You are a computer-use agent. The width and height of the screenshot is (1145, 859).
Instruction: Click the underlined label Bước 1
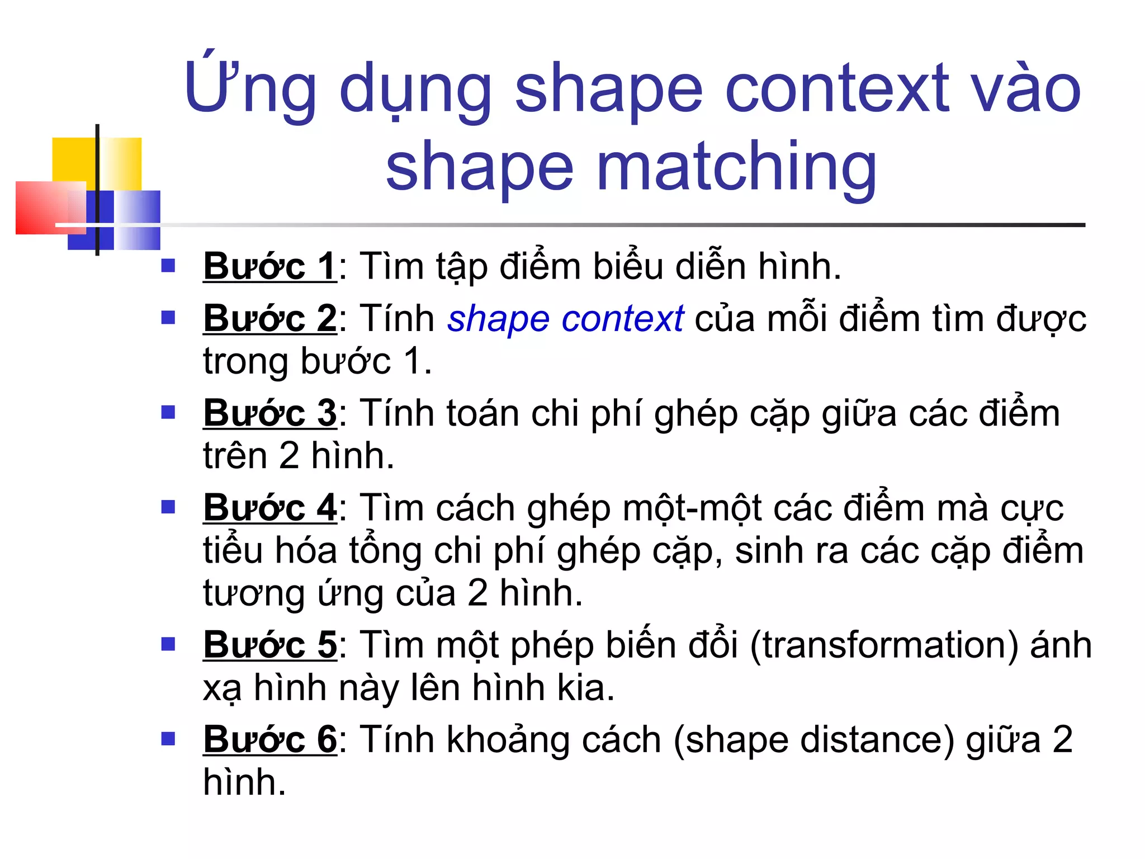(x=269, y=266)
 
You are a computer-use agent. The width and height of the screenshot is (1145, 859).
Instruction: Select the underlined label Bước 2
(x=269, y=319)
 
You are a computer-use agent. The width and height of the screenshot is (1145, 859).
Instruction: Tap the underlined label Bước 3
(x=269, y=414)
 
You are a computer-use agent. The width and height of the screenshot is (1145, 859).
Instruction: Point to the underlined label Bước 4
(x=269, y=508)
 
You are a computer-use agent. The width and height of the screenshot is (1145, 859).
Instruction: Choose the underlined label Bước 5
(x=269, y=645)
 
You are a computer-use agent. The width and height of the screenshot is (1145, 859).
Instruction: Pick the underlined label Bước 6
(x=269, y=739)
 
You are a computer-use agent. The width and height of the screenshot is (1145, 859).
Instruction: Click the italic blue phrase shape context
(x=565, y=319)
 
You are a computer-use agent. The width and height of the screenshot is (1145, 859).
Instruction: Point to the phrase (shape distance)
(x=813, y=739)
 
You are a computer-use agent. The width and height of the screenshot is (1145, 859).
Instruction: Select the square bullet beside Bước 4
(x=168, y=507)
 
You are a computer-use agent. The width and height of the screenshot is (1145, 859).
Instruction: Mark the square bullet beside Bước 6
(x=168, y=738)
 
